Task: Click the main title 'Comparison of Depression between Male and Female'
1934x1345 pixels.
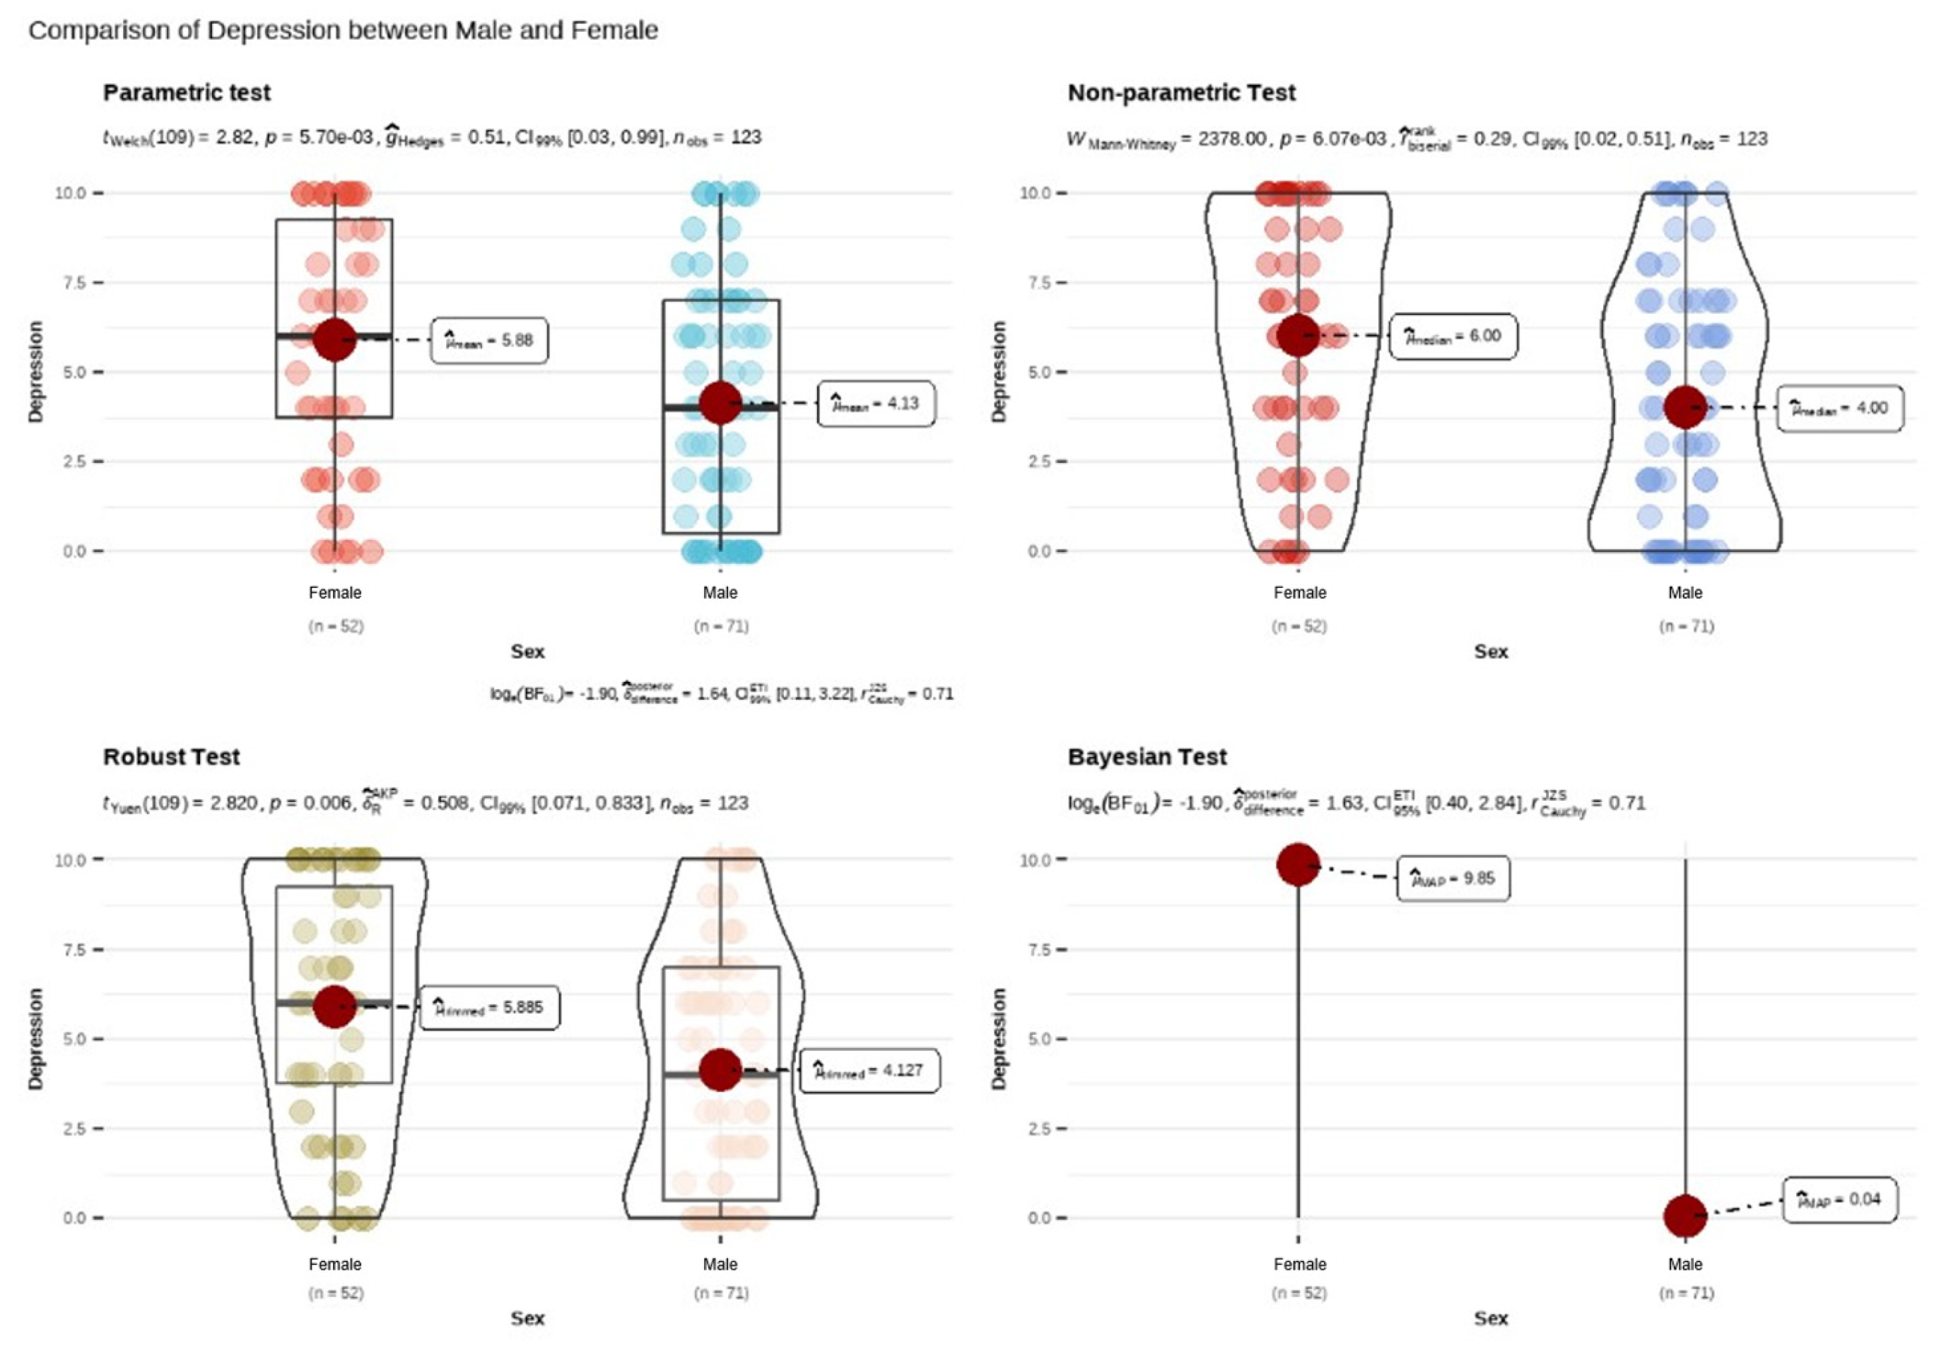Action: tap(343, 30)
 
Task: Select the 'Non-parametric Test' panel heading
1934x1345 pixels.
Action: tap(1181, 93)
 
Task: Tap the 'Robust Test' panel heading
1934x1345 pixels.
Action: tap(171, 756)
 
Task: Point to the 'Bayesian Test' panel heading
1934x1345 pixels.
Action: tap(1147, 756)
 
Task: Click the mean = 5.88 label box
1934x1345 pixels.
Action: tap(489, 340)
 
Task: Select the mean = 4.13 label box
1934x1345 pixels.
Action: tap(876, 404)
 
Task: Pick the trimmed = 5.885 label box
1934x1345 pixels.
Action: tap(489, 1007)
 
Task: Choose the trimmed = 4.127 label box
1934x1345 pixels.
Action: tap(869, 1071)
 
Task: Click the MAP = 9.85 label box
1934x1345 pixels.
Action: tap(1453, 879)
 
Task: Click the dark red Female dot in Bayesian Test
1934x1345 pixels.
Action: tap(1298, 864)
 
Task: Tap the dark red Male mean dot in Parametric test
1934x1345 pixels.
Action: tap(720, 403)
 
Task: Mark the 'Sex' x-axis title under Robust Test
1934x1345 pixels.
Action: tap(527, 1318)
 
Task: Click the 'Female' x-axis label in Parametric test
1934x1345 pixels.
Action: tap(334, 593)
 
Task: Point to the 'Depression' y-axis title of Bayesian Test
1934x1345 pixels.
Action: tap(999, 1038)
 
